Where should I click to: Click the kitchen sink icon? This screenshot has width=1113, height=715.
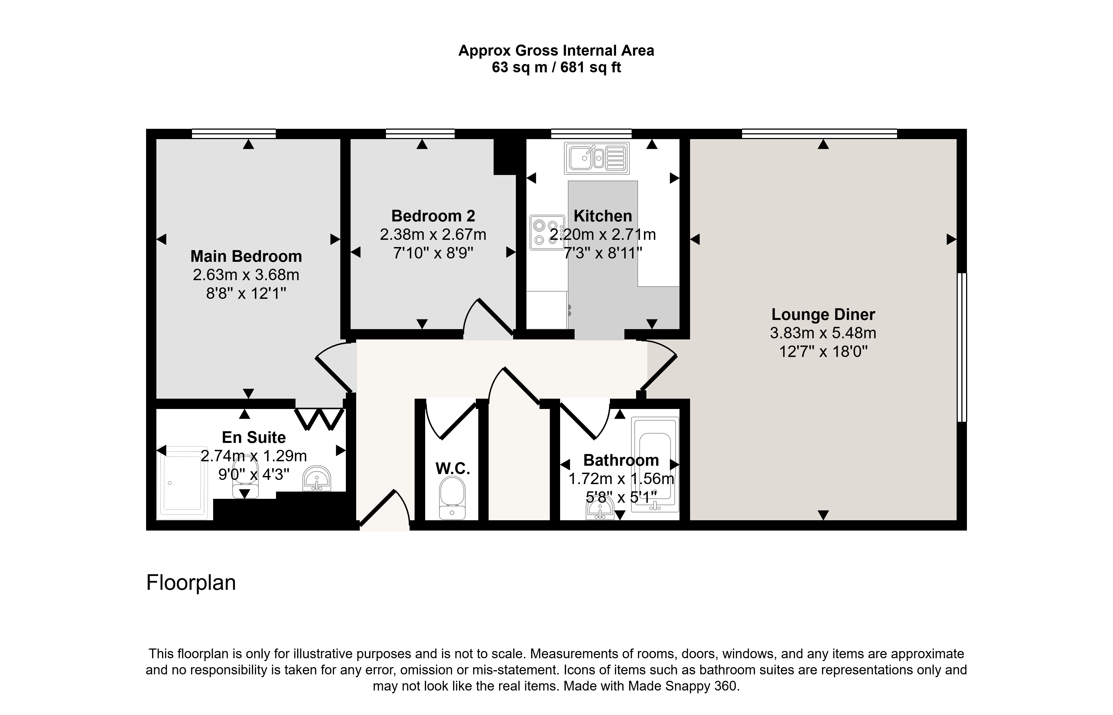click(597, 158)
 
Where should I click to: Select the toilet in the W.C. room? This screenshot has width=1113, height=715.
click(452, 499)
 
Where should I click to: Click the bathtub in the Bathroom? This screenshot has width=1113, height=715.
click(655, 464)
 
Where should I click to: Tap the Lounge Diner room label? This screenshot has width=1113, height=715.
click(823, 314)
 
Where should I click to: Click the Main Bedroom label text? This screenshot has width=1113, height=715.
click(246, 256)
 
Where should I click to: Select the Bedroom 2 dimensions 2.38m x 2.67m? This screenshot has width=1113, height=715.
click(433, 235)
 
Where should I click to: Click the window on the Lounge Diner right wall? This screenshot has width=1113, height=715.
click(962, 347)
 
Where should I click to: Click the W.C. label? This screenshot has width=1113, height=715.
click(453, 469)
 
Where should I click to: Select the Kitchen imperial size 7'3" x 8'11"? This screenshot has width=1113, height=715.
click(603, 253)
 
